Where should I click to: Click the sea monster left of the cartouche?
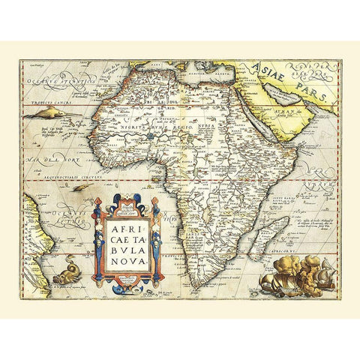click(x=66, y=266)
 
